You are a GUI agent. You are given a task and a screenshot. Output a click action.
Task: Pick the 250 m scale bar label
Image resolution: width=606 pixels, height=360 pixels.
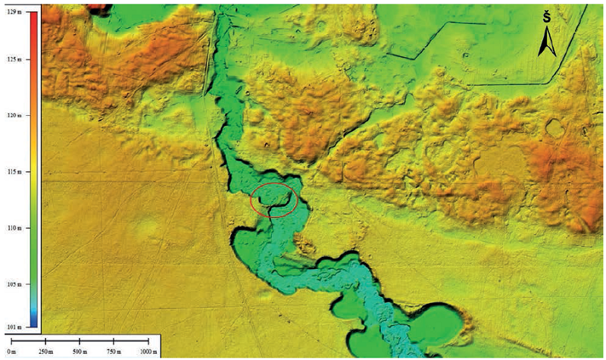tap(45, 353)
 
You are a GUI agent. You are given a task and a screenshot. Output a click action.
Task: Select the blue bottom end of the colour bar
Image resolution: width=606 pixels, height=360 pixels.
tap(33, 322)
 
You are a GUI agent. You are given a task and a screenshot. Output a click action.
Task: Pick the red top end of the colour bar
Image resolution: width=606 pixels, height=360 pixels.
tap(33, 19)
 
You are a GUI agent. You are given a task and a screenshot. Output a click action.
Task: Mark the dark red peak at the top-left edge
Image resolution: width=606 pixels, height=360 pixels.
tap(97, 8)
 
